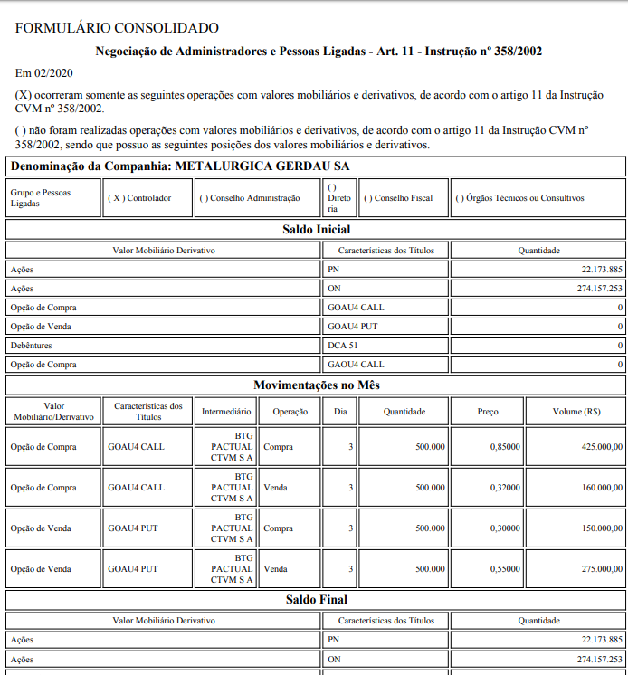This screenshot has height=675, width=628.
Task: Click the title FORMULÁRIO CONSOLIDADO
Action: [117, 29]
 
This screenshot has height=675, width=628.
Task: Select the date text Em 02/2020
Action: [44, 72]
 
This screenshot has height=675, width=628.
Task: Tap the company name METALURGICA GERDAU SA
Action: [262, 166]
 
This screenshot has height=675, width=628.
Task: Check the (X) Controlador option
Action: [139, 198]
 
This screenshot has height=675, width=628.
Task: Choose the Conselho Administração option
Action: [250, 198]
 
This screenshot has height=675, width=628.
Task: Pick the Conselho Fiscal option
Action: [398, 198]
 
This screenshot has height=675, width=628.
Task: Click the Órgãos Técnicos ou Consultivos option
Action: [520, 198]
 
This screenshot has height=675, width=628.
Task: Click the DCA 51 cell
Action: [343, 346]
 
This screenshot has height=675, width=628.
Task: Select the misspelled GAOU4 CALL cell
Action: [356, 365]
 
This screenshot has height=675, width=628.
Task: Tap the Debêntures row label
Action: [32, 346]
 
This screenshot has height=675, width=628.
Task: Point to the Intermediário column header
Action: [226, 412]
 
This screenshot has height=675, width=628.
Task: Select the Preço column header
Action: [488, 412]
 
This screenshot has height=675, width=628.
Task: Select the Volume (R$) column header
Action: [576, 412]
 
